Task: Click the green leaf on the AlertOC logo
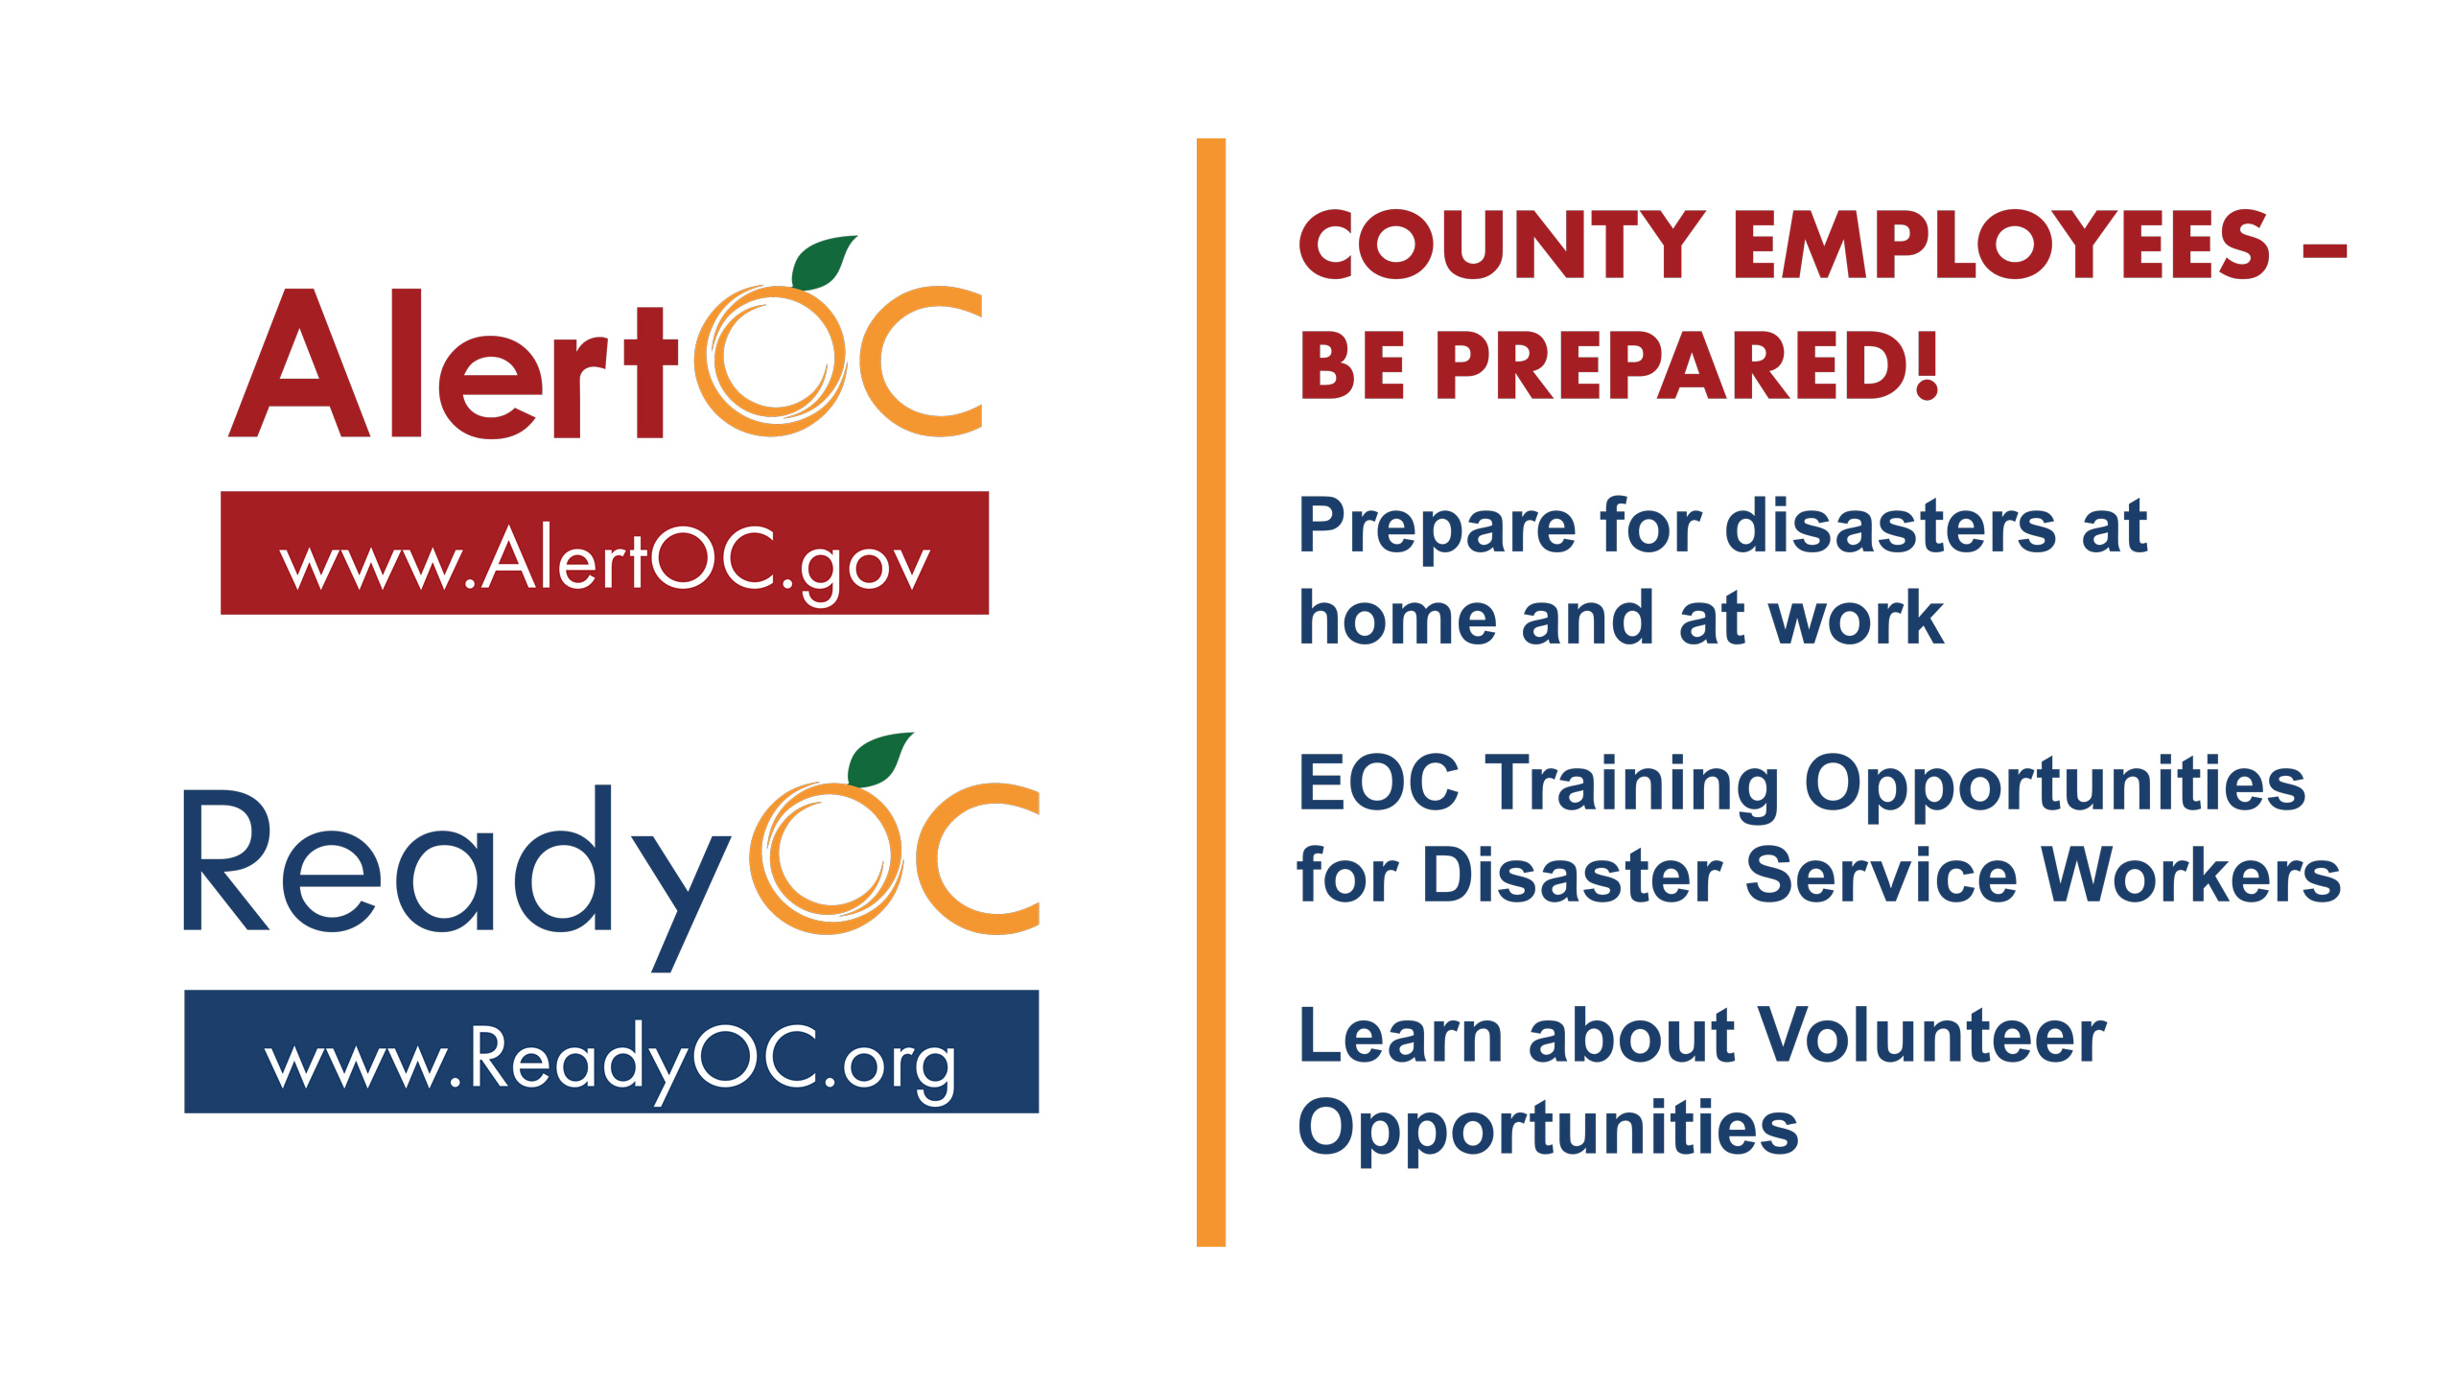[x=823, y=261]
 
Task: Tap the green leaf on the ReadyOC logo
[x=879, y=759]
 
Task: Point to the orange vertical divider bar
[x=1211, y=692]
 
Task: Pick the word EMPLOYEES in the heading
[x=2002, y=245]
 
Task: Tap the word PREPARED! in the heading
[x=1687, y=365]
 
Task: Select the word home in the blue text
[x=1397, y=618]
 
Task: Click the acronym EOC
[x=1379, y=783]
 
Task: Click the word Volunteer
[x=1932, y=1036]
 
